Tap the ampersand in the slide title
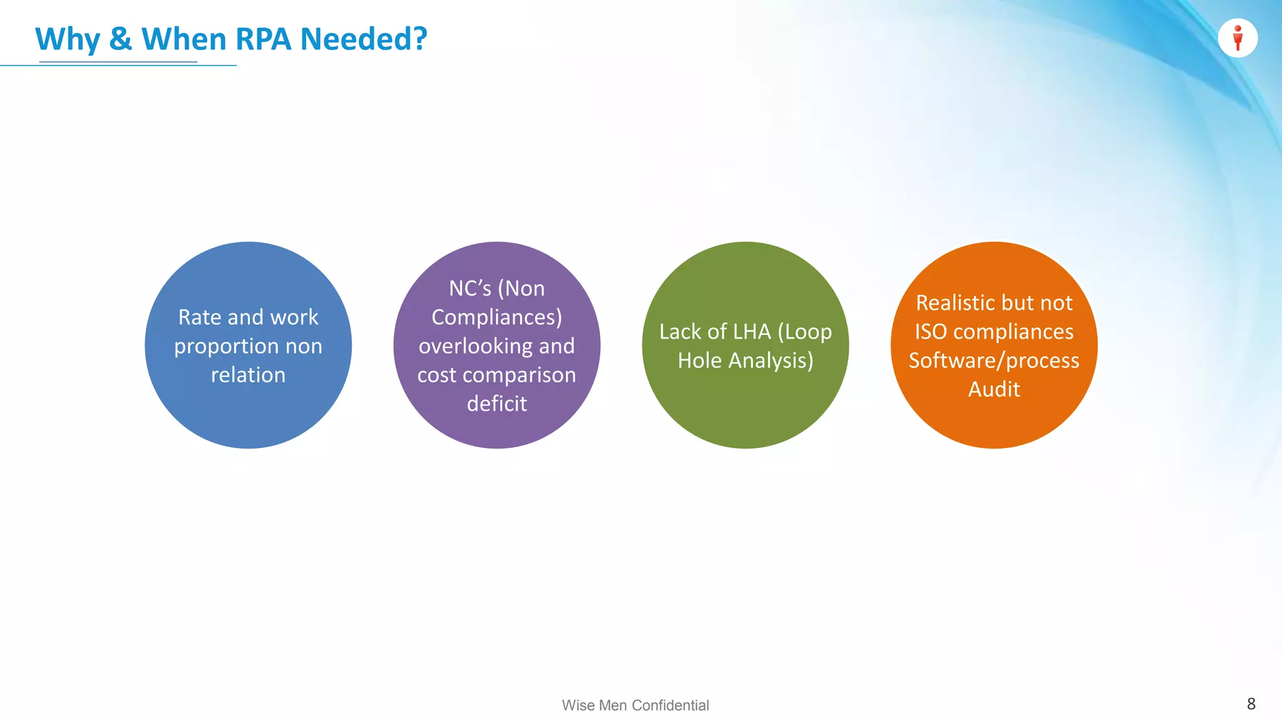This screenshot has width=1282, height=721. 120,39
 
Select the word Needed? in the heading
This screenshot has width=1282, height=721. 364,39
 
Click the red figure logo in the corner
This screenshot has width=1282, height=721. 1238,38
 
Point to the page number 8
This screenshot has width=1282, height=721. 1251,703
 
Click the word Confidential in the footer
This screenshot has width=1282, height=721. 670,705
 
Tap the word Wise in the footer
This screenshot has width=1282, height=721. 578,705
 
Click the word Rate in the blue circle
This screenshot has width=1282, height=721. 199,317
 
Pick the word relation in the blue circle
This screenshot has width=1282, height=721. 248,375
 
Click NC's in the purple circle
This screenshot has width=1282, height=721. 469,289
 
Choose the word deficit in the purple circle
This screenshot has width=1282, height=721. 497,404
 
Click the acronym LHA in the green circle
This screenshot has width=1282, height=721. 752,332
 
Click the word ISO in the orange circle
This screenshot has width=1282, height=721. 930,332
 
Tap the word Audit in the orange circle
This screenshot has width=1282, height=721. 994,389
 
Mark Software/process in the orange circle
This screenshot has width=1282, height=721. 994,360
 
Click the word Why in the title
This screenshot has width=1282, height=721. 68,39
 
